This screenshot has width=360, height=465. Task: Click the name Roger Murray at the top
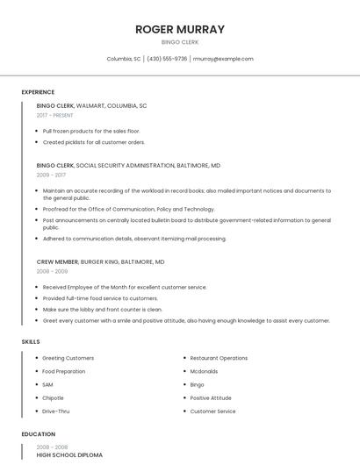coord(179,29)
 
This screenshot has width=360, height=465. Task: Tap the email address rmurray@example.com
coord(223,59)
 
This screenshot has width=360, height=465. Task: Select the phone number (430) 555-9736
coord(167,59)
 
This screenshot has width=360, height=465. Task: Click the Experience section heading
coord(38,92)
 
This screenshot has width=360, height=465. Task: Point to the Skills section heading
coord(31,341)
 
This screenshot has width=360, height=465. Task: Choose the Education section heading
coord(38,434)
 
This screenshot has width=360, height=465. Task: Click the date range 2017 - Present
coord(55,115)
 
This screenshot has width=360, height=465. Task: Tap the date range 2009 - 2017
coord(51,175)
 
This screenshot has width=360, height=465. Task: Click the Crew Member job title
coord(57,261)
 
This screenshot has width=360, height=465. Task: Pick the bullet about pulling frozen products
coord(91,131)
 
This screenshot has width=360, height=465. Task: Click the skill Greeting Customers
coord(68,358)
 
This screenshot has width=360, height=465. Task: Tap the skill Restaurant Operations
coord(219,358)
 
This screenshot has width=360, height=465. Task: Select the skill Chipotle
coord(54,397)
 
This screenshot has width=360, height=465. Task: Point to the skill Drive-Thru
coord(56,411)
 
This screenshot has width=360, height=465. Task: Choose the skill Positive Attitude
coord(211,397)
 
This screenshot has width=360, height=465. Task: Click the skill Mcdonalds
coord(205,371)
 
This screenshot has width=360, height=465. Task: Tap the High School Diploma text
coord(69,455)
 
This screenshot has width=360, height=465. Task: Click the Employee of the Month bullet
coord(125,287)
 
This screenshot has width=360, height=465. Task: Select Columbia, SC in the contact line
coord(124,59)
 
